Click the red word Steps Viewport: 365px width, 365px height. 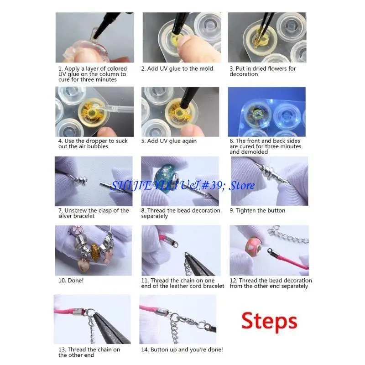tap(270, 321)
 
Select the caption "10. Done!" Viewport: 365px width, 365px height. tap(71, 281)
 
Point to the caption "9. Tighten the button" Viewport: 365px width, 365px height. tap(257, 211)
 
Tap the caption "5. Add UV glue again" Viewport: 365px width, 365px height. tap(169, 141)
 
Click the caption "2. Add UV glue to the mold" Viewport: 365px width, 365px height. tap(177, 69)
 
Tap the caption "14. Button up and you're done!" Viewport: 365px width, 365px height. tap(182, 349)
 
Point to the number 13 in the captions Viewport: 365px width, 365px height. tap(62, 349)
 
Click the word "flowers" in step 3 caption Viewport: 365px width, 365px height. tap(273, 69)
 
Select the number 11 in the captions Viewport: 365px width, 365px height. tap(145, 281)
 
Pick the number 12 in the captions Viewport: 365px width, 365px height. tap(234, 281)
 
